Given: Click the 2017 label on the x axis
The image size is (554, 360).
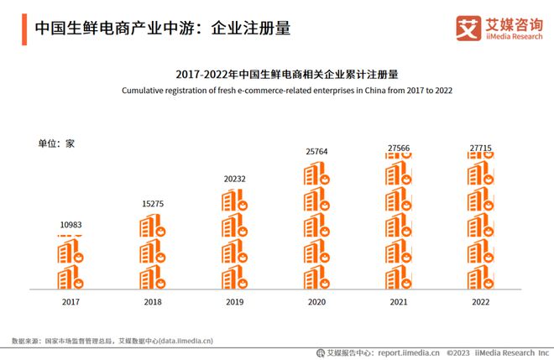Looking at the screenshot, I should click(71, 301).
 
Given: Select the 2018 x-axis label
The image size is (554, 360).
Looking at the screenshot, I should click(153, 301).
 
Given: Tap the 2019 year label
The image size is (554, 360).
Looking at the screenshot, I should click(234, 301).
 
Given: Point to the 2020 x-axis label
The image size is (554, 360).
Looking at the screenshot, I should click(316, 301).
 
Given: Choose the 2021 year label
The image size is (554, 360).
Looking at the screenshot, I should click(398, 301).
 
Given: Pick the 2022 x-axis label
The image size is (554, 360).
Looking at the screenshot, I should click(480, 301).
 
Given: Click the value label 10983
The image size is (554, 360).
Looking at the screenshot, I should click(71, 225).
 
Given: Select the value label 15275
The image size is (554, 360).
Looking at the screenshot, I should click(153, 204).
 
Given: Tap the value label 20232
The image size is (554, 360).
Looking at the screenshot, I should click(234, 178).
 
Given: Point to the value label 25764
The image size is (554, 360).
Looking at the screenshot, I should click(316, 151).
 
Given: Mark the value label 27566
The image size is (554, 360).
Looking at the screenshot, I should click(398, 148).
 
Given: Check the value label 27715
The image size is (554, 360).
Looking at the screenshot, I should click(480, 148).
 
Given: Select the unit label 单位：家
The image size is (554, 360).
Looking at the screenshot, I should click(56, 143).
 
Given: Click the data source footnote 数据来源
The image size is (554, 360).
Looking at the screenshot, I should click(112, 341).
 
